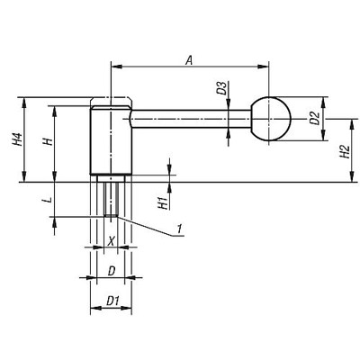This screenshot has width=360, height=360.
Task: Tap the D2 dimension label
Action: (314, 118)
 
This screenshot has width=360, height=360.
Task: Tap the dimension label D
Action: (111, 269)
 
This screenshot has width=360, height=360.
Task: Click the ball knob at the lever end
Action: (271, 119)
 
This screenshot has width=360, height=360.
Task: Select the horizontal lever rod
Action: (189, 119)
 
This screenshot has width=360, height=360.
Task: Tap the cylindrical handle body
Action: (111, 139)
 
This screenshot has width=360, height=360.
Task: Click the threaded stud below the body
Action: (111, 196)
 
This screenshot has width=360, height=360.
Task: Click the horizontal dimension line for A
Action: (190, 65)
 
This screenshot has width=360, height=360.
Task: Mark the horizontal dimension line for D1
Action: (111, 309)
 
